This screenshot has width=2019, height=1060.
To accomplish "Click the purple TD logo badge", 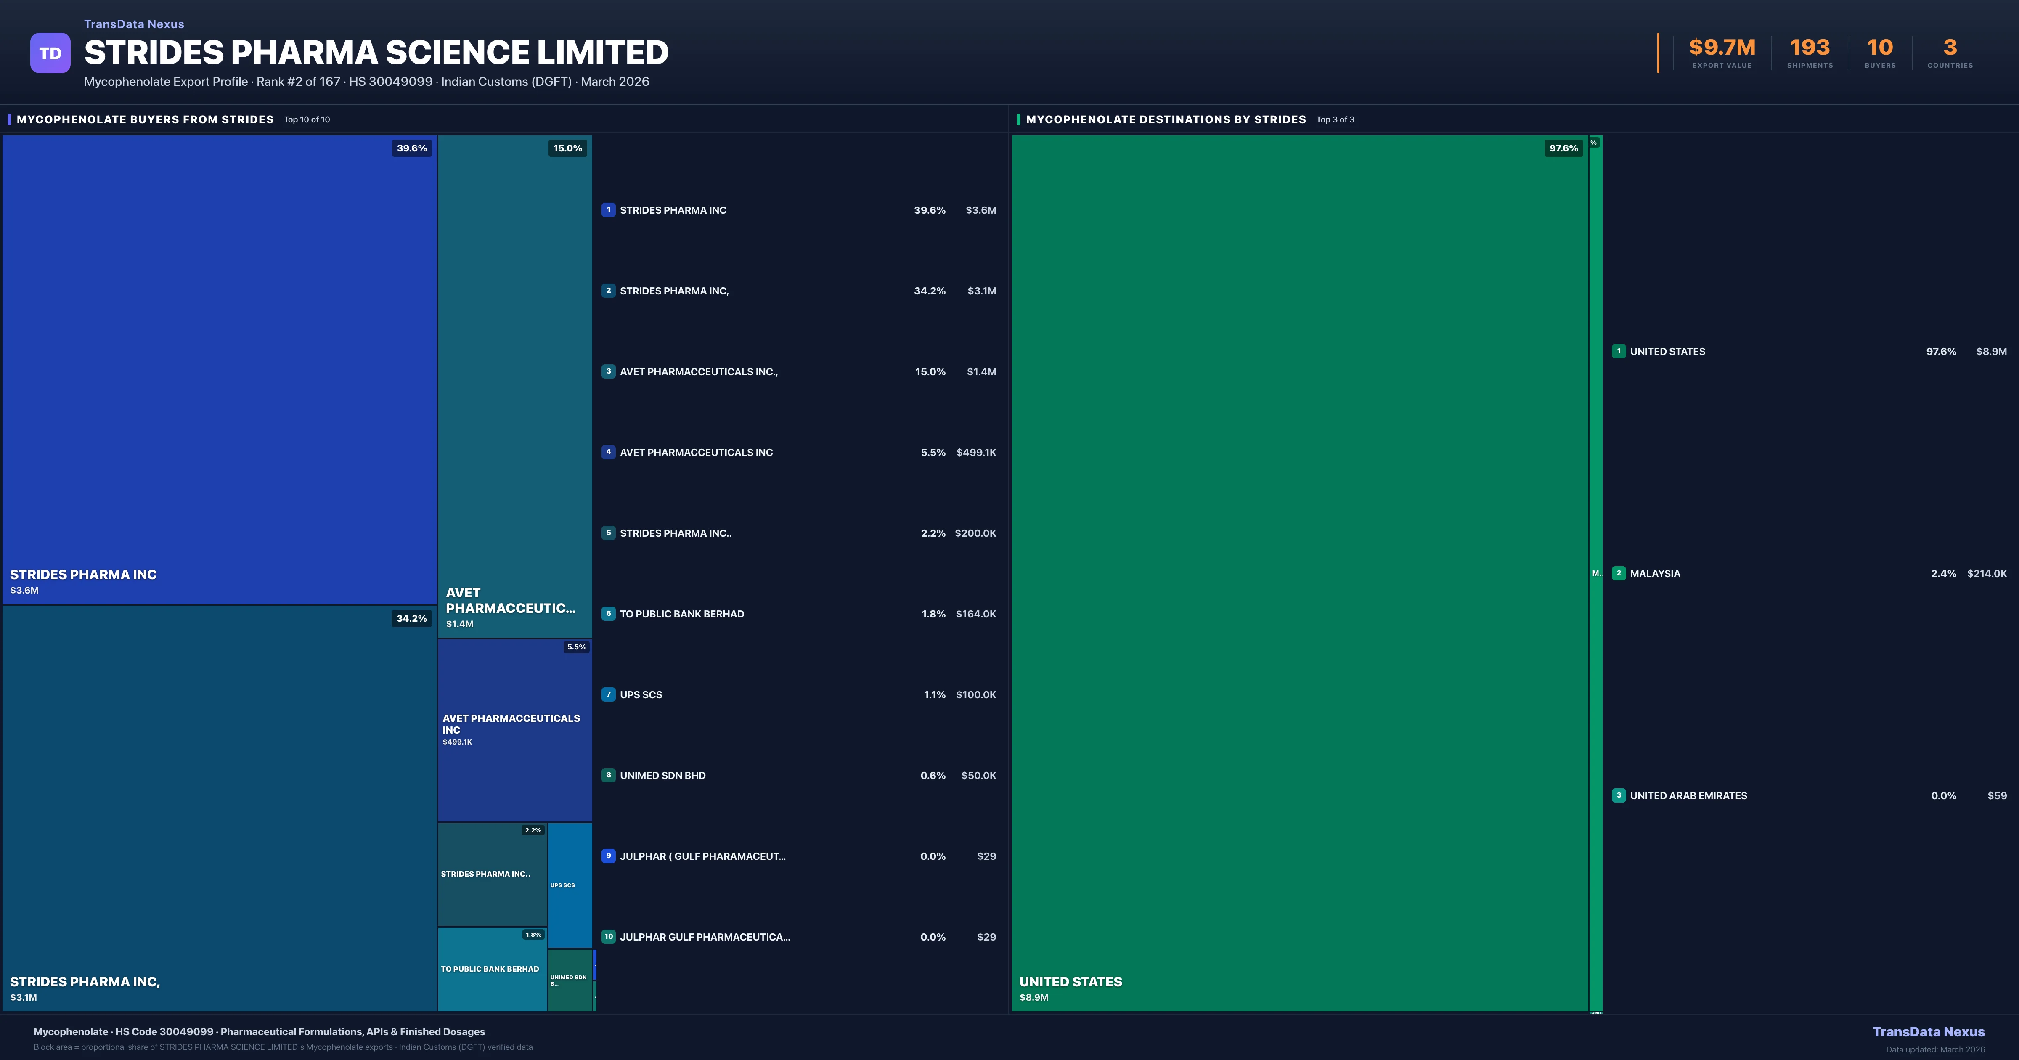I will (50, 53).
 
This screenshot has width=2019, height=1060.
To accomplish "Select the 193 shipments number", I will (1809, 48).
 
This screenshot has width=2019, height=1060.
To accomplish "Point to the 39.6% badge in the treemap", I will (411, 148).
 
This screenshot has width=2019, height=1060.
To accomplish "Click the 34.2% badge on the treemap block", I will (411, 619).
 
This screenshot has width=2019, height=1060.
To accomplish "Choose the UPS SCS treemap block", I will (570, 884).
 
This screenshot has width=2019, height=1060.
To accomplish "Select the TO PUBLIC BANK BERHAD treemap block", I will (491, 969).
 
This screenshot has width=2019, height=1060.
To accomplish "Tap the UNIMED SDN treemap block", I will (570, 980).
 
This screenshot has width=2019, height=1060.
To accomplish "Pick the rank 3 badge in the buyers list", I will (608, 371).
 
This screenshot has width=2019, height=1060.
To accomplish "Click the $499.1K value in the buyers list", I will (976, 452).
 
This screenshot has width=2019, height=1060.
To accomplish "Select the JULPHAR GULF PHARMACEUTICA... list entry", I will (705, 937).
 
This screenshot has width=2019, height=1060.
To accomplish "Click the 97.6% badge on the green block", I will (1563, 148).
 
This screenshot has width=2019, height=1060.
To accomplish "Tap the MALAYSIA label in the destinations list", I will (1655, 574).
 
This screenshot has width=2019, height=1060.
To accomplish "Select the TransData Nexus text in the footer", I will (1928, 1032).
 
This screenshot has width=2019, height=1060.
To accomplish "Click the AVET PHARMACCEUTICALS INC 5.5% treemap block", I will (514, 729).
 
